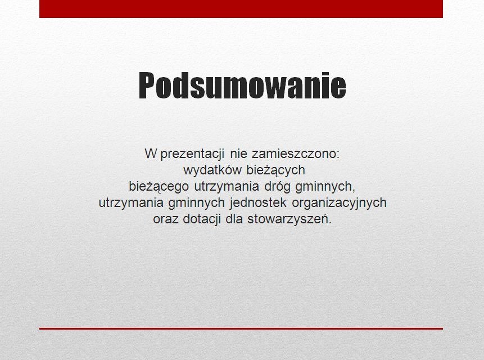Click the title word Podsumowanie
[242, 85]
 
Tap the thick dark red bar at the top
[241, 8]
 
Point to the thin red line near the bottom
[241, 329]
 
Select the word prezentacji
[192, 154]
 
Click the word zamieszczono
[295, 154]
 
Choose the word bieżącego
[159, 187]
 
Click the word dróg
[277, 187]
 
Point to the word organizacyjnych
[339, 203]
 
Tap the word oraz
[166, 219]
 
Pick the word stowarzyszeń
[290, 219]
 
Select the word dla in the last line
[234, 219]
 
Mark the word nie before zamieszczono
[238, 154]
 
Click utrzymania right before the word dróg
[227, 187]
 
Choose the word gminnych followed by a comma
[325, 187]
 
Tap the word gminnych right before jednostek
[196, 203]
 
